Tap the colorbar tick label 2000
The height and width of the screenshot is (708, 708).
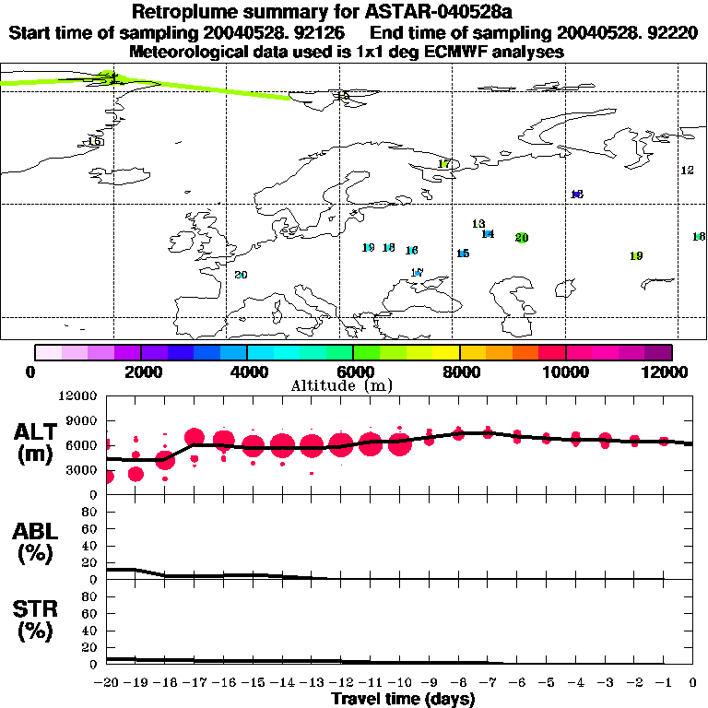[x=140, y=372]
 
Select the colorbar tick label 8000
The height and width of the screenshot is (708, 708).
[x=459, y=372]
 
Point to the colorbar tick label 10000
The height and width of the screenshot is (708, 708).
[x=565, y=372]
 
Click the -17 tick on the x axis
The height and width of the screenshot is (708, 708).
[x=195, y=682]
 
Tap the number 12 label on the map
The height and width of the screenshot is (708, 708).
[x=687, y=171]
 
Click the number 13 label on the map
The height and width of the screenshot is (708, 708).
[x=478, y=224]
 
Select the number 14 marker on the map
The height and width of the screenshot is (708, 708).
[x=488, y=234]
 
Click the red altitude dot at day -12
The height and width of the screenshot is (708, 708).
[x=341, y=445]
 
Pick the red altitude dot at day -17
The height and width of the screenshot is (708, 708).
[x=195, y=438]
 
